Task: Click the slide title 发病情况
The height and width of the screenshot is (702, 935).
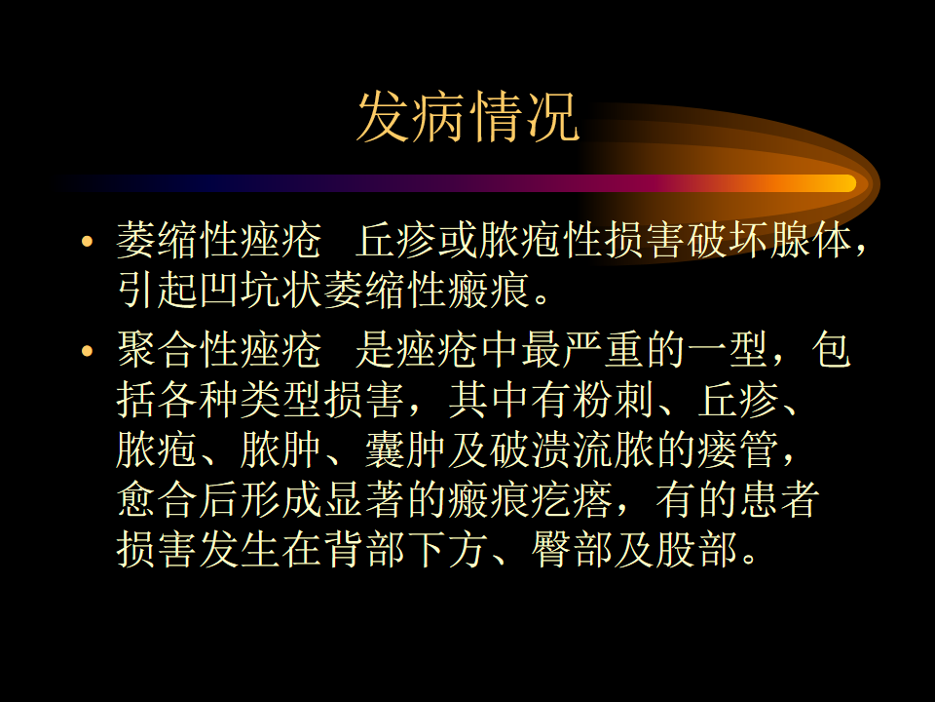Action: pyautogui.click(x=468, y=117)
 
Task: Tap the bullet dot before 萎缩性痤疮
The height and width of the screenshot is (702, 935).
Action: pyautogui.click(x=88, y=241)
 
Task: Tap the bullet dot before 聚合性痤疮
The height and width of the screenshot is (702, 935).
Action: pyautogui.click(x=88, y=350)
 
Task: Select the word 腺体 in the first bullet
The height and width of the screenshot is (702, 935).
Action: pyautogui.click(x=810, y=241)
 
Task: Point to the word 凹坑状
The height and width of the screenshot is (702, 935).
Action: pyautogui.click(x=261, y=291)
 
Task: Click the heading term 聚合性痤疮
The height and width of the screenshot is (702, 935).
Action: pyautogui.click(x=219, y=350)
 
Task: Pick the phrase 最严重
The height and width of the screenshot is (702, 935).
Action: pyautogui.click(x=582, y=350)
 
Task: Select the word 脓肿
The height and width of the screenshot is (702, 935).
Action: pyautogui.click(x=280, y=450)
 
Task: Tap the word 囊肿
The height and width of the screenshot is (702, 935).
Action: pyautogui.click(x=405, y=450)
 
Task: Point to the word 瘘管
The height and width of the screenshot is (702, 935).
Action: pyautogui.click(x=737, y=450)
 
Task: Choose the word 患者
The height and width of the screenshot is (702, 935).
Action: pyautogui.click(x=779, y=499)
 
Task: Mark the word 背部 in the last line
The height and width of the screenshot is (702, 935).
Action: pyautogui.click(x=363, y=550)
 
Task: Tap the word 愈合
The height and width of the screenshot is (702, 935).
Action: pyautogui.click(x=157, y=499)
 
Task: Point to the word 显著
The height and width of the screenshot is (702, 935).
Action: pyautogui.click(x=363, y=499)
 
